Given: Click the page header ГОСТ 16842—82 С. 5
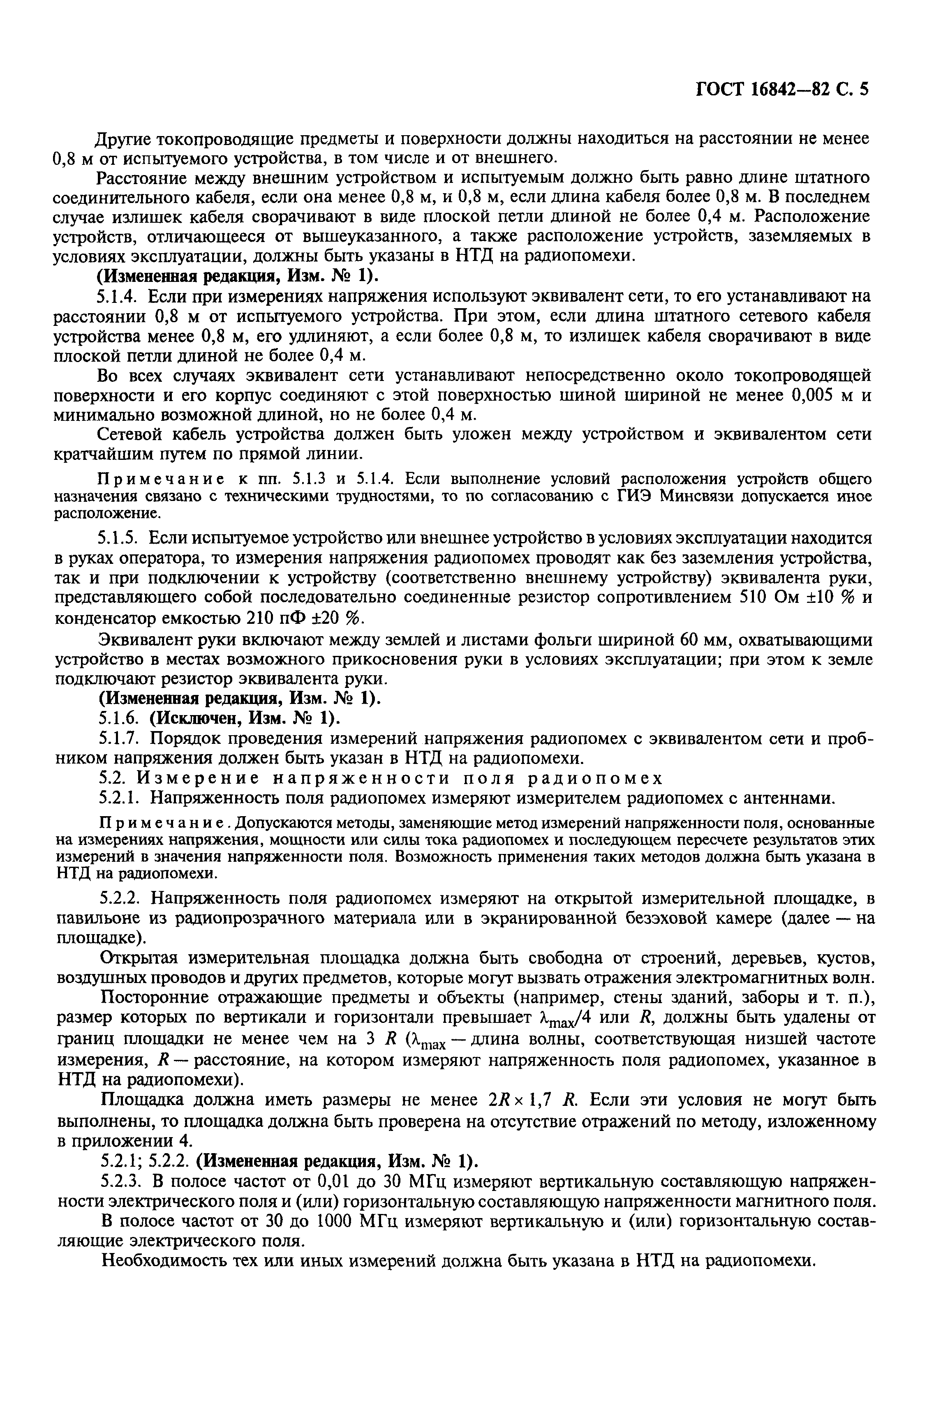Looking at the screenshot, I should [x=782, y=89].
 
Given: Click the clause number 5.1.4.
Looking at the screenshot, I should [x=119, y=297].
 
